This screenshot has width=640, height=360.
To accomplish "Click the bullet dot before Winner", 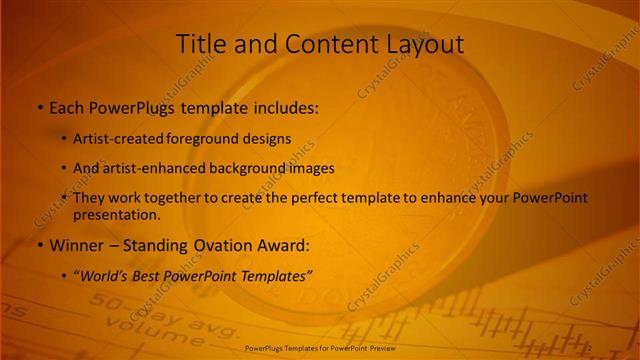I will (40, 245).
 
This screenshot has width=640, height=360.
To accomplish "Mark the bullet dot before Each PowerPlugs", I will (40, 108).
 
